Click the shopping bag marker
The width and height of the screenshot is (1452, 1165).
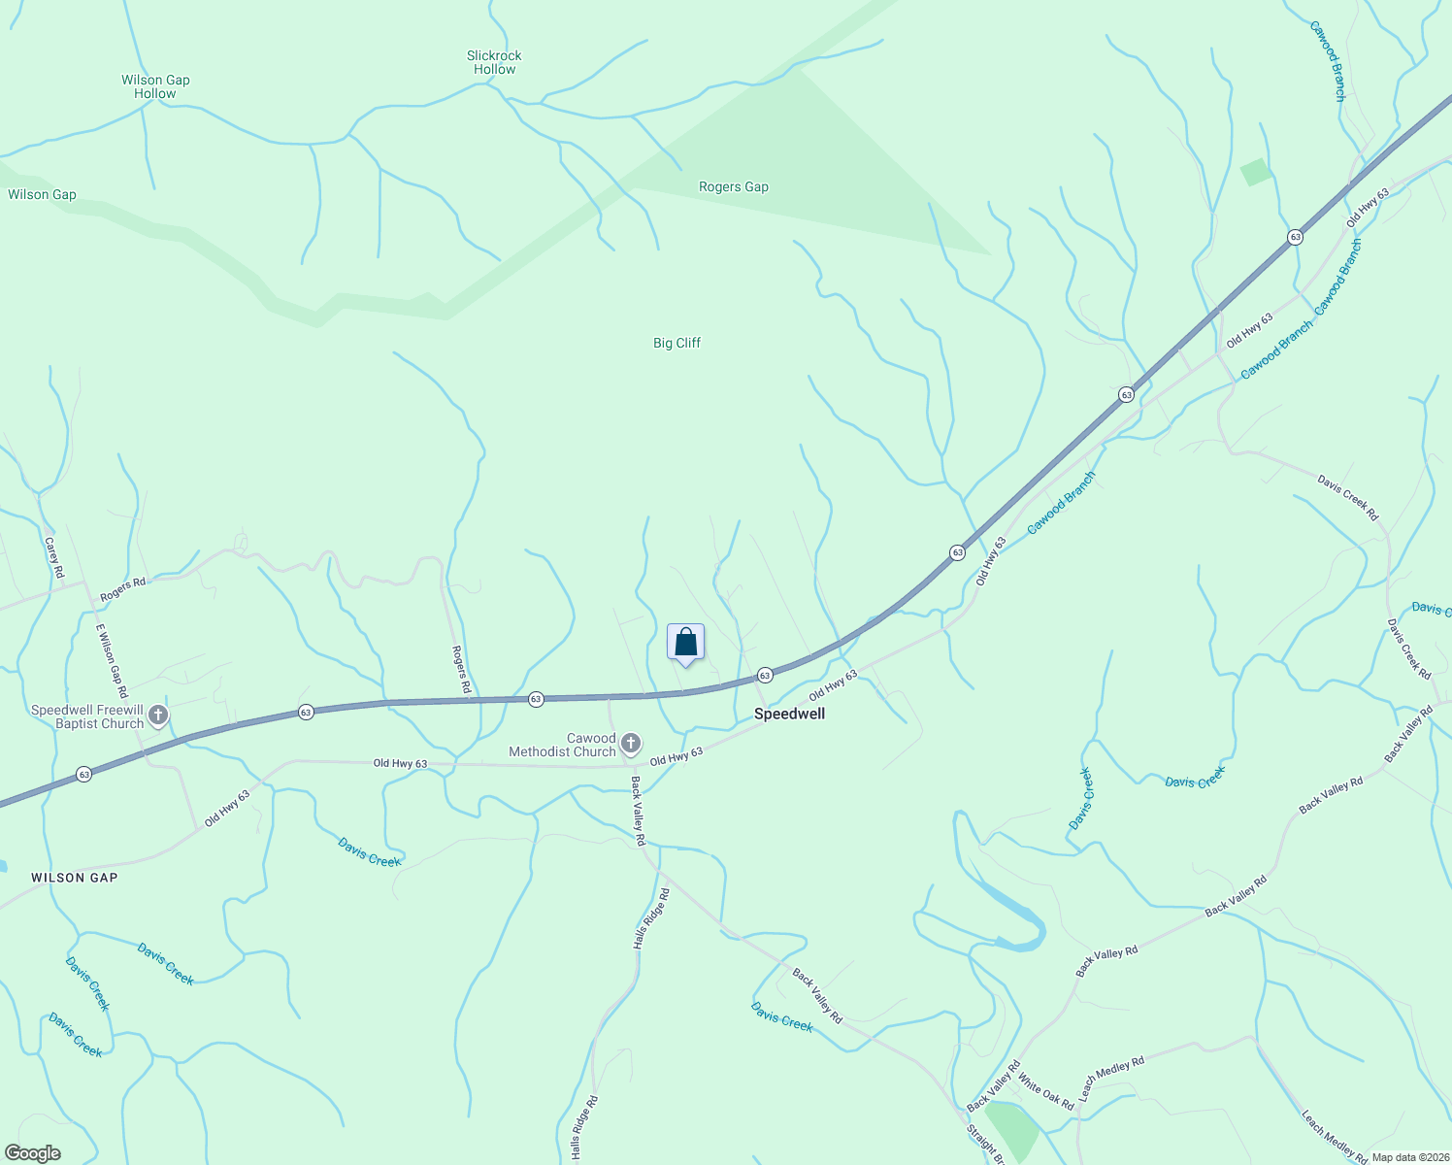tap(685, 643)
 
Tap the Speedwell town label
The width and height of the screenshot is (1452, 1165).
tap(789, 714)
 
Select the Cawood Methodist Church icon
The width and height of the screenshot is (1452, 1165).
tap(631, 745)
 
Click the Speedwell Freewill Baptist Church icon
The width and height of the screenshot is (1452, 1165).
tap(157, 716)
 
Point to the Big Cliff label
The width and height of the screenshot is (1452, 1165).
tap(676, 343)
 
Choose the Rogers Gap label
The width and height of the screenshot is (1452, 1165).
tap(733, 186)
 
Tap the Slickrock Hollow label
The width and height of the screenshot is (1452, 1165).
tap(494, 62)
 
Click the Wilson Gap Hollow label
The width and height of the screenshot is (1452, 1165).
tap(155, 86)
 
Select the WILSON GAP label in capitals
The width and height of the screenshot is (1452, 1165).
tap(75, 878)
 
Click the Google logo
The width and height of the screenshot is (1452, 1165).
tap(32, 1153)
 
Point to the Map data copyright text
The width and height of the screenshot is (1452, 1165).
tap(1410, 1157)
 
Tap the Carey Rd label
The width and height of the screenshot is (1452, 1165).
tap(54, 557)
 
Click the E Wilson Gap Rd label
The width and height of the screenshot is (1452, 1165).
tap(112, 661)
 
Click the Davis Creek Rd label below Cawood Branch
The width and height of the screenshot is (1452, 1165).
tap(1347, 497)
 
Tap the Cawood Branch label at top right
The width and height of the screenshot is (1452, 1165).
tap(1328, 60)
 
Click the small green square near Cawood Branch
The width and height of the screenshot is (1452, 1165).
tap(1255, 172)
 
